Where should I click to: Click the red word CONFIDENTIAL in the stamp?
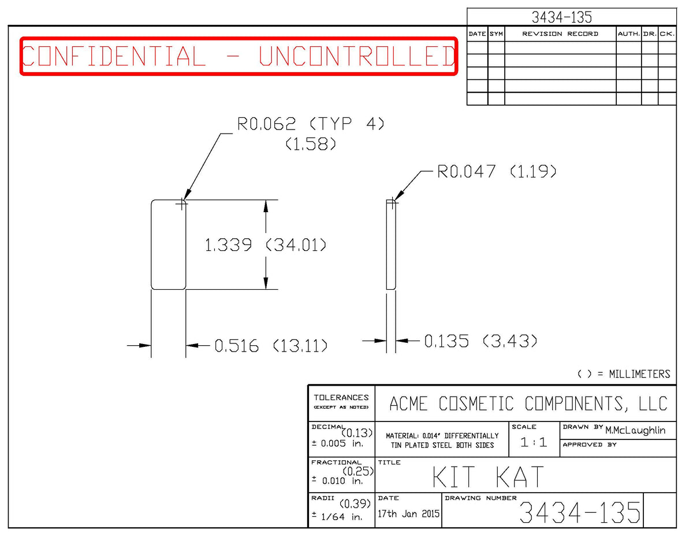pos(114,56)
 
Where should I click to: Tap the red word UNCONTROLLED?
pos(357,56)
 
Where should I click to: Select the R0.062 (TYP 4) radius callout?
pos(311,124)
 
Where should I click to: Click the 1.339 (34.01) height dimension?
pos(265,245)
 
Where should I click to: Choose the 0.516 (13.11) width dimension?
pos(271,346)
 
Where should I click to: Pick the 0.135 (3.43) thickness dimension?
pos(480,341)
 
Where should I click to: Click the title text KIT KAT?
pos(488,476)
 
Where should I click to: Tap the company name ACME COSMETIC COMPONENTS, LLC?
pos(528,404)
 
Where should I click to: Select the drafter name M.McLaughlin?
pos(635,431)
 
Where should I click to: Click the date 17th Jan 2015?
pos(408,513)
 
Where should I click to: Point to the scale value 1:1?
pos(534,442)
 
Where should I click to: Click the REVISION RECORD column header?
pos(560,34)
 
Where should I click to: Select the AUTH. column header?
pos(629,34)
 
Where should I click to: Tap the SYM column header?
pos(496,34)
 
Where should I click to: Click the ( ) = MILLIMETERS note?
pos(624,374)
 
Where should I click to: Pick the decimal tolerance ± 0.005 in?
pos(338,443)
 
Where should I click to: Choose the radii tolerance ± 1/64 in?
pos(337,517)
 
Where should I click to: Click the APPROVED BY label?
pos(590,445)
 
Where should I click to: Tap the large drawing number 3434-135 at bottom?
pos(580,512)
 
